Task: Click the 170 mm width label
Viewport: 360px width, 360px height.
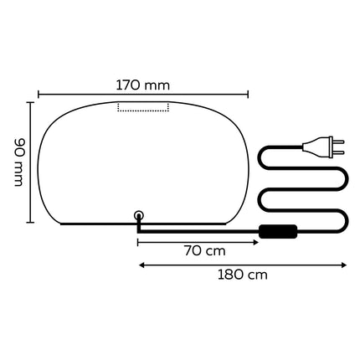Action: tap(143, 85)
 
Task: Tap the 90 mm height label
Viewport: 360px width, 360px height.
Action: tap(19, 162)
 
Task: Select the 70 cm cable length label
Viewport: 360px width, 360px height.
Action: tap(204, 251)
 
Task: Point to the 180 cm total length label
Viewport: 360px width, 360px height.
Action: tap(243, 275)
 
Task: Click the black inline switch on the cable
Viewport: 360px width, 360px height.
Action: tap(278, 231)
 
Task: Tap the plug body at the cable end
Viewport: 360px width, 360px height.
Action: tap(316, 147)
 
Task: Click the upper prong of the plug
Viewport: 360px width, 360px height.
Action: tap(338, 141)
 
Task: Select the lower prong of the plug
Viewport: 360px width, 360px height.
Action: tap(338, 152)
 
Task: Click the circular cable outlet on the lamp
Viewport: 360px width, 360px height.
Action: tap(139, 215)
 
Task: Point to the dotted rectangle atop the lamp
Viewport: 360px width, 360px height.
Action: tap(143, 107)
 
